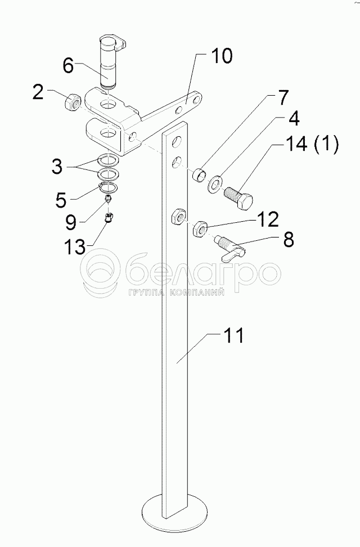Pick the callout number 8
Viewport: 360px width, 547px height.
coord(287,240)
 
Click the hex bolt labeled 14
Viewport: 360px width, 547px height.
coord(240,198)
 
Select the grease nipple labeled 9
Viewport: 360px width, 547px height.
coord(109,199)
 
